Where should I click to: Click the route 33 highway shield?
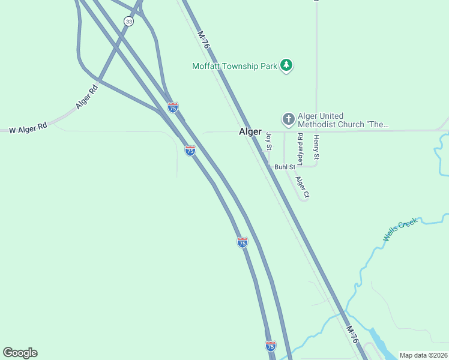128,21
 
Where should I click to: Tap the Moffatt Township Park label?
235,66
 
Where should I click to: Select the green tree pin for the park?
287,65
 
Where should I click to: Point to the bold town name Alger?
250,131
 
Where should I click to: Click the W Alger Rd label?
23,129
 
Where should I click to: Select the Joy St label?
270,142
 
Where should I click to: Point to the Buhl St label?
285,167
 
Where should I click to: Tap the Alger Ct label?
302,187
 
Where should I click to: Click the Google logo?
20,352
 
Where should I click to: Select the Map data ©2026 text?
423,355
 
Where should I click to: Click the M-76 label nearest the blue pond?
353,335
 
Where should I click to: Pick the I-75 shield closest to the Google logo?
271,346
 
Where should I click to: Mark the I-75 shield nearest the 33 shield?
173,107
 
